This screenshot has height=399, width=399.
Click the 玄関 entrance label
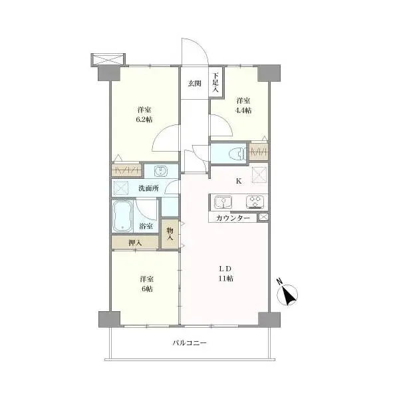195,83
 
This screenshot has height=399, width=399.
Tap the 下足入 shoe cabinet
216,82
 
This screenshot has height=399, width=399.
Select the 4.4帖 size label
243,110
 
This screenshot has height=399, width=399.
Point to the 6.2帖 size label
144,119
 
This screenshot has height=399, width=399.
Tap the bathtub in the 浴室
122,216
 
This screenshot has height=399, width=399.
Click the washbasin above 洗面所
160,171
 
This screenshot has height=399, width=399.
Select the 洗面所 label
148,188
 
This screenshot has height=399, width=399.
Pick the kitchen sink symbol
223,202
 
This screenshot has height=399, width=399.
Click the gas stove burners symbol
255,202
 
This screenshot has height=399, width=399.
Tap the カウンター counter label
233,218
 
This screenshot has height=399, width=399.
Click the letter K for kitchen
239,181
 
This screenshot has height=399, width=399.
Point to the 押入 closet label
135,243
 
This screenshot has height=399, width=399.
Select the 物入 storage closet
170,234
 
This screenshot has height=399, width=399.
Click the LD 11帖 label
225,273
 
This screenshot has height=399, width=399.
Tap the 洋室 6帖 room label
146,284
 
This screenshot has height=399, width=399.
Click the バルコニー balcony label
190,342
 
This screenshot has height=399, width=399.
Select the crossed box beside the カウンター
263,217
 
